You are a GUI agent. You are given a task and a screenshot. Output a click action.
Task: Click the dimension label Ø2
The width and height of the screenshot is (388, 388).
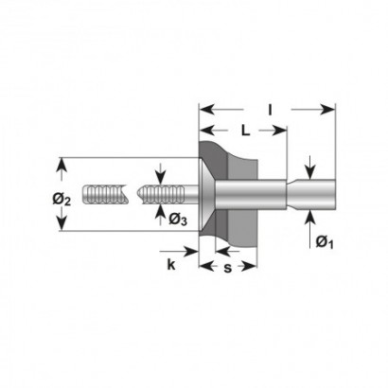pos(62,200)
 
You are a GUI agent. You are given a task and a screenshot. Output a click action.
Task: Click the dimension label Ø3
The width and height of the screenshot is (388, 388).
pos(178,220)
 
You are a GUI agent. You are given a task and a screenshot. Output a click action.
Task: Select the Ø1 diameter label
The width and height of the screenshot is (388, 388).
pos(325,242)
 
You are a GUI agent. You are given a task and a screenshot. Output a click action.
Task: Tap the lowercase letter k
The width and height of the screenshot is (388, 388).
pos(171,265)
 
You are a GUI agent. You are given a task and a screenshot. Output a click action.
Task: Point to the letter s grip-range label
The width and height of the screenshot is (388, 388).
pos(227,268)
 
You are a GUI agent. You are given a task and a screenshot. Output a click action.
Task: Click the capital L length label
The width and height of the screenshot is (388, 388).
pos(245,130)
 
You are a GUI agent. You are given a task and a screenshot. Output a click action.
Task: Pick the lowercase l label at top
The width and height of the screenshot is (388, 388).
pos(270,110)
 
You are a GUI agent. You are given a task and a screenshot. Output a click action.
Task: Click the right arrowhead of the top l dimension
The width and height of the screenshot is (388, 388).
pos(327,110)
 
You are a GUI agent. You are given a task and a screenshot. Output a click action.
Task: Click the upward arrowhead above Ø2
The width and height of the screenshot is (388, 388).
pos(62,166)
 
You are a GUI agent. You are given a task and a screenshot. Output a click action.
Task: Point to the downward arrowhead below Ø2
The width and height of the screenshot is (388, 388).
pos(62,223)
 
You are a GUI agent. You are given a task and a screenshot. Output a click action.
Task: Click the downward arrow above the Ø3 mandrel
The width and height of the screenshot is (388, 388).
pos(161,174)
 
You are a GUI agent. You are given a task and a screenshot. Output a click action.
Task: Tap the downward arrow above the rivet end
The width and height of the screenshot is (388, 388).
pos(310,168)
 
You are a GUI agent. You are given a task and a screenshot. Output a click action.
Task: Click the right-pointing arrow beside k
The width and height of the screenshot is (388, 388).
pos(179,252)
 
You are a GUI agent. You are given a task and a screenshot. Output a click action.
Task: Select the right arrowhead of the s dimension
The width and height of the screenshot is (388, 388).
pos(249,267)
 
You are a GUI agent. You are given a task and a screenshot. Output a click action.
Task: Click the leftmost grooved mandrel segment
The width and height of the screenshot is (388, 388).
pos(105,194)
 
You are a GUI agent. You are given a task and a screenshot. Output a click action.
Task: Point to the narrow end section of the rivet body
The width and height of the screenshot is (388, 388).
pos(311,195)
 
